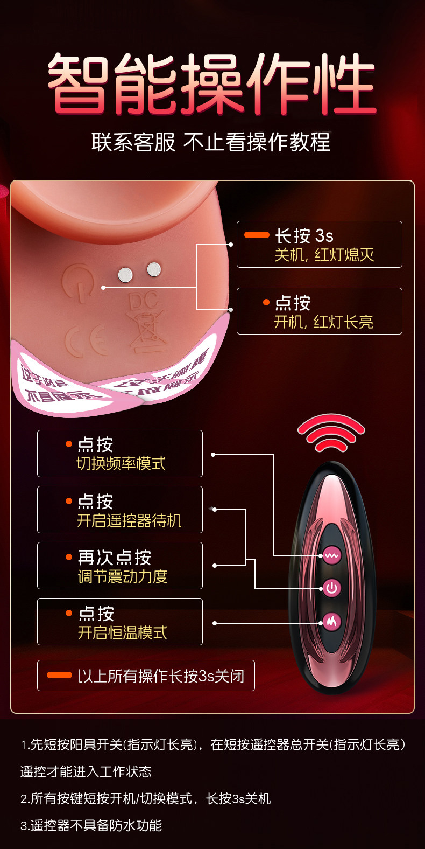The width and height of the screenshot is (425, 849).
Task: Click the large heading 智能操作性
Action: click(211, 83)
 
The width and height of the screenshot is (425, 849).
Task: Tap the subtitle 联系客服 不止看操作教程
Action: click(211, 143)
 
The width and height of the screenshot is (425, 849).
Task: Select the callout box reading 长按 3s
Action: click(319, 244)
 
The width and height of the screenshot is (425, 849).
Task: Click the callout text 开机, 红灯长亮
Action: click(323, 322)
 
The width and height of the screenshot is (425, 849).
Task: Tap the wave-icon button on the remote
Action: click(331, 555)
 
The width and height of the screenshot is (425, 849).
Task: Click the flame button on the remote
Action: click(331, 622)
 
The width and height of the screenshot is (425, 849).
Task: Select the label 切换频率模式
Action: click(121, 464)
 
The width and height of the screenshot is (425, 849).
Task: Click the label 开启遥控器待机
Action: click(129, 520)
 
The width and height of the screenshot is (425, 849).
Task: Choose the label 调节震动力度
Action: click(123, 576)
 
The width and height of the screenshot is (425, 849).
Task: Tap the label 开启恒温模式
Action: click(122, 632)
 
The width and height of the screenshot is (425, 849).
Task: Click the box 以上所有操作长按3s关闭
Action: click(146, 676)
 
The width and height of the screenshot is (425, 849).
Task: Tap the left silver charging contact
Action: click(125, 275)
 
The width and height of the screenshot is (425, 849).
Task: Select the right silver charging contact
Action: click(154, 269)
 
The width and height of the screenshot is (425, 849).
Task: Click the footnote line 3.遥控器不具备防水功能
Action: click(91, 825)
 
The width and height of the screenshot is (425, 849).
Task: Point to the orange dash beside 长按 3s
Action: click(257, 235)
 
